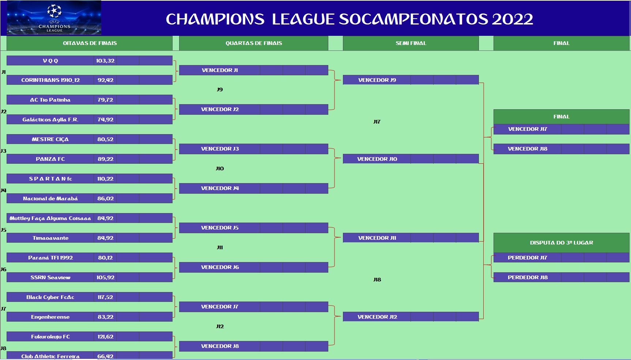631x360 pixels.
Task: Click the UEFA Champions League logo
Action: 54,18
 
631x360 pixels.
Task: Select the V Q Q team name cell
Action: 50,61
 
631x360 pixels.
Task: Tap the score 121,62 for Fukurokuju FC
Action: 105,337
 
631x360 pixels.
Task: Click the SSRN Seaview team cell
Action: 50,277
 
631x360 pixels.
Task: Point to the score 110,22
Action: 105,179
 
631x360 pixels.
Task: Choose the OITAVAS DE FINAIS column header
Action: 90,43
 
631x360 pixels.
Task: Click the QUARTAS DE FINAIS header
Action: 254,43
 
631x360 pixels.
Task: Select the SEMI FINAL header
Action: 411,43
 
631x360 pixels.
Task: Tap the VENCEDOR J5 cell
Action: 220,228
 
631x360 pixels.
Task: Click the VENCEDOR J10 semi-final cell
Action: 377,159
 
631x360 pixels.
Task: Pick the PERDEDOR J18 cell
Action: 528,277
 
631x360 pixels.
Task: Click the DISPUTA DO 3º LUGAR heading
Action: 562,243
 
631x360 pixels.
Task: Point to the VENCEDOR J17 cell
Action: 528,129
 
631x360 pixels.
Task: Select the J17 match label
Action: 377,122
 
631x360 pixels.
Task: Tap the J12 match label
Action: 220,326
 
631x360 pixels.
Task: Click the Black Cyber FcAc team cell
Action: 50,297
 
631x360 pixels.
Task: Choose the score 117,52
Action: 105,297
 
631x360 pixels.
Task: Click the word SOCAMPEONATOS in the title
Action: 413,19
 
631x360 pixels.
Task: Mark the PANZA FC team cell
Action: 50,159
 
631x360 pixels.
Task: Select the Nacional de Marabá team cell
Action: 50,198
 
